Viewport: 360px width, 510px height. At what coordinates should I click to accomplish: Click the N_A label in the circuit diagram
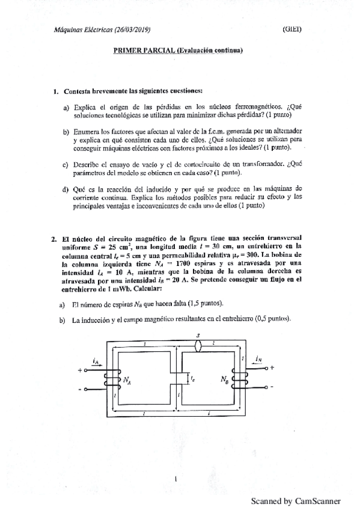pyautogui.click(x=127, y=380)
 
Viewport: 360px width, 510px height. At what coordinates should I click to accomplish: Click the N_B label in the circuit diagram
pyautogui.click(x=224, y=380)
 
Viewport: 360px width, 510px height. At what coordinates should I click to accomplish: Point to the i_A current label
pyautogui.click(x=96, y=361)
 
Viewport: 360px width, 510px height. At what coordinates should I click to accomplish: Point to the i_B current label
pyautogui.click(x=258, y=359)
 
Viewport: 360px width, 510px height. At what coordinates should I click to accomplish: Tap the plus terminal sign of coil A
pyautogui.click(x=79, y=370)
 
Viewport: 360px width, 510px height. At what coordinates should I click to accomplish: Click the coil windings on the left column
pyautogui.click(x=111, y=380)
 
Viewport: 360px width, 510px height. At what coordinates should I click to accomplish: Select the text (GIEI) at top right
pyautogui.click(x=291, y=29)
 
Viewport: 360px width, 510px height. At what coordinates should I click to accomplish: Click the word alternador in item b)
pyautogui.click(x=282, y=131)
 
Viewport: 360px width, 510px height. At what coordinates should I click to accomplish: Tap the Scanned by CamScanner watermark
pyautogui.click(x=296, y=500)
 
